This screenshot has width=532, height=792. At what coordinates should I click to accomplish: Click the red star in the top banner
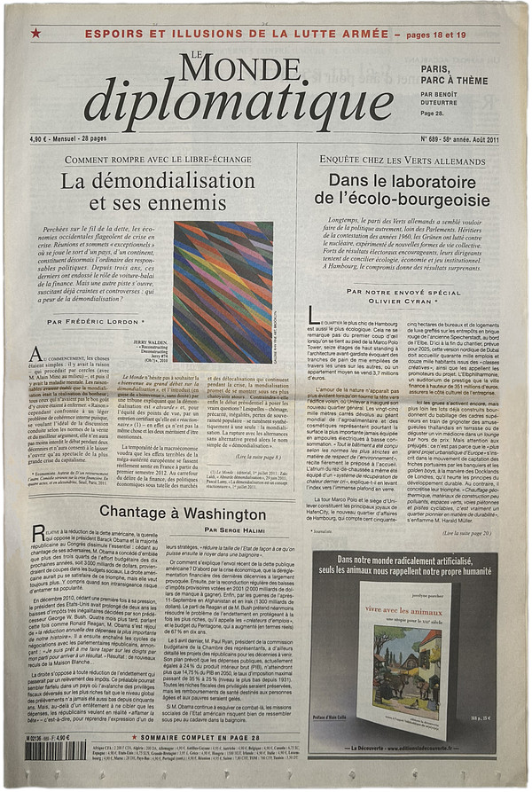tap(35, 33)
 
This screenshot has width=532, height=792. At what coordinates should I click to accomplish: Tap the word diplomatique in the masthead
tap(239, 105)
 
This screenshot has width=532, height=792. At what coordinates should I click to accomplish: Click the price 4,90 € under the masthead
tap(40, 139)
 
